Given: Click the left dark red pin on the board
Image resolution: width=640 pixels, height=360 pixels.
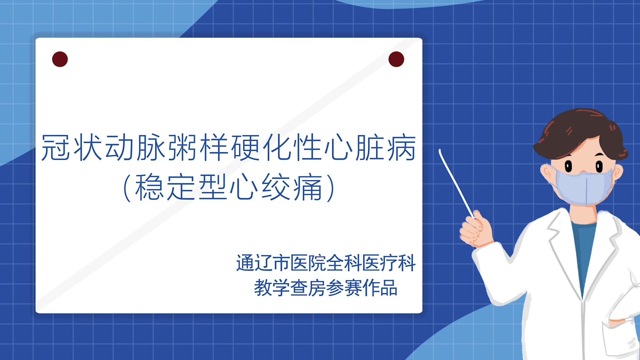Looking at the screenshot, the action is coord(60,59).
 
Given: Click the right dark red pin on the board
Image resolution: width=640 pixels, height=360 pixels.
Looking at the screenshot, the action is coord(396,59).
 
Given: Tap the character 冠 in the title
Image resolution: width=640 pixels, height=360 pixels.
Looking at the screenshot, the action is coord(55,148).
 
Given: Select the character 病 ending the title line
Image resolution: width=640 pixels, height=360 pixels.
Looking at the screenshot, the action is coord(401,148).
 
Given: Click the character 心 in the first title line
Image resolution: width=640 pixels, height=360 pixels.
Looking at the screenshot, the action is coord(339,148).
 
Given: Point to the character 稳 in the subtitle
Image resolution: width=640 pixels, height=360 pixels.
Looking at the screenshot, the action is coord(150,187).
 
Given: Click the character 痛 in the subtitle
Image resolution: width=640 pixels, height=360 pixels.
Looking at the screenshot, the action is coord(308,187).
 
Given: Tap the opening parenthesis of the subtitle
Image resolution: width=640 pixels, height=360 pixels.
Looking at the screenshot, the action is coord(127,187).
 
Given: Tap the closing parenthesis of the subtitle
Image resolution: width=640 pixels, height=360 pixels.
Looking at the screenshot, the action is coord(330,187).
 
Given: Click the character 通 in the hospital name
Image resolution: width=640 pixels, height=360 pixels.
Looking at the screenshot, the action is coord(245,263).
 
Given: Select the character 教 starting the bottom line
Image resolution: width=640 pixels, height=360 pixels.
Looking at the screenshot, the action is coord(263,288).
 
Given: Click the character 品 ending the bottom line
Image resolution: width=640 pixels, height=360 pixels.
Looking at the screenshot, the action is coord(389,288).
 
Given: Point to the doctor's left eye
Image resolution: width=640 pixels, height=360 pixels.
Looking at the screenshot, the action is coord(568,166).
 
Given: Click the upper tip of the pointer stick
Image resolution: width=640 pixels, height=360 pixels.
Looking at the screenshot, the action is coord(440,150).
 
